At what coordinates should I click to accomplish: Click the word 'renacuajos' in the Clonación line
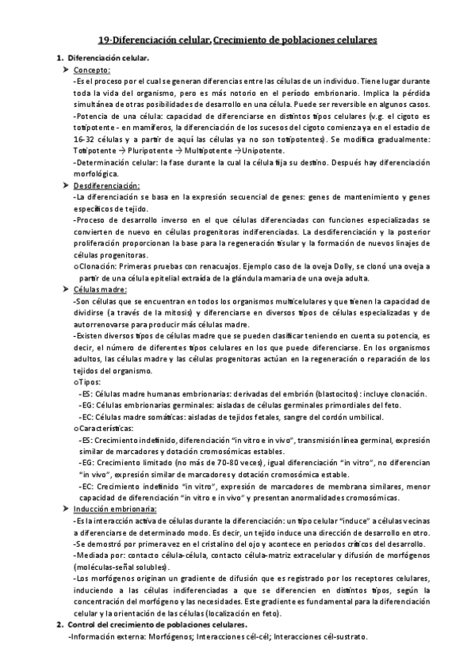195,267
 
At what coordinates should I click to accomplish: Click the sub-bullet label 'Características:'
104,427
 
